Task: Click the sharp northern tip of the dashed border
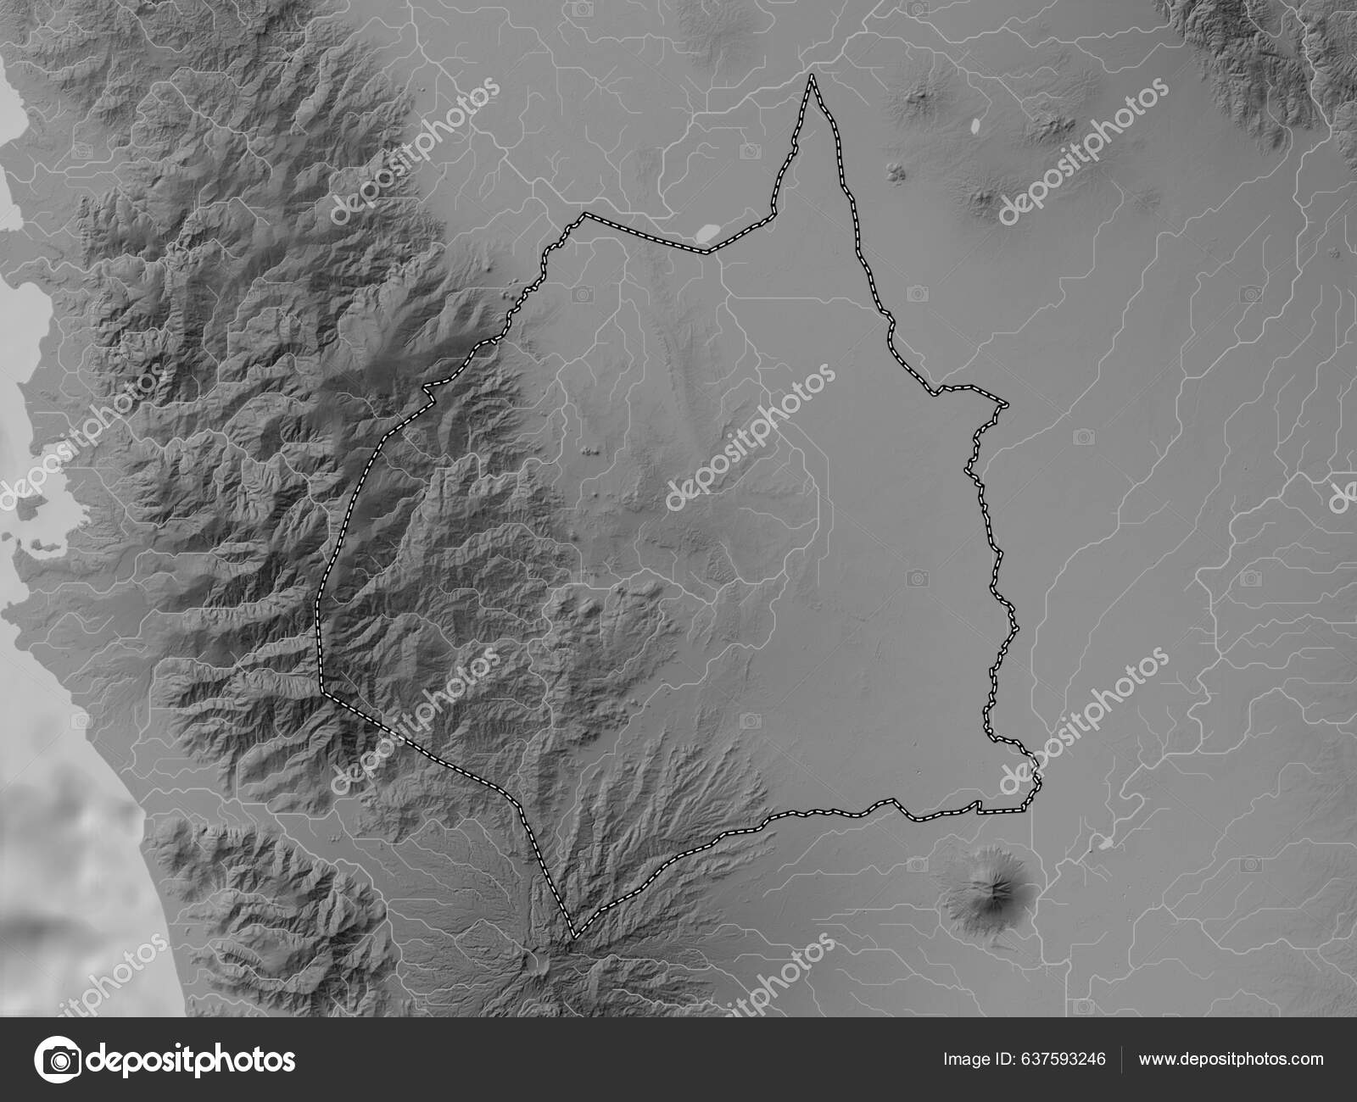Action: pos(812,76)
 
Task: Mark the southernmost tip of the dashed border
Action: pos(574,937)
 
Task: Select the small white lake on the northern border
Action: pos(706,231)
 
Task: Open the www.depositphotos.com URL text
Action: pos(1231,1059)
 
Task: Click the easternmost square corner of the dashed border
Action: pos(1007,405)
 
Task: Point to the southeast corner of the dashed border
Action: pos(1036,784)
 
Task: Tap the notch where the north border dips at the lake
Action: pos(708,252)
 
